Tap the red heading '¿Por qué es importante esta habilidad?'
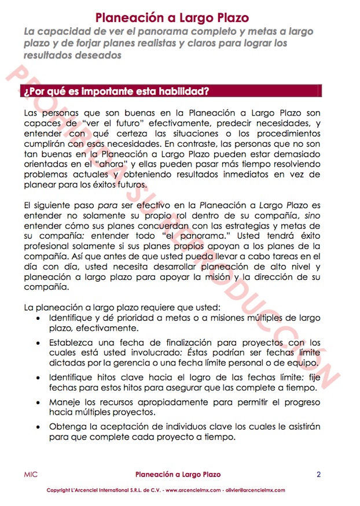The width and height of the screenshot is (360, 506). click(x=116, y=92)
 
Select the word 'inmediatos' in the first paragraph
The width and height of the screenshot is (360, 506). click(x=243, y=176)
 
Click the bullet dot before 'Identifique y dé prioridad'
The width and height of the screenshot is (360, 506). click(x=38, y=319)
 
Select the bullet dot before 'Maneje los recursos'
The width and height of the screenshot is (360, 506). click(x=38, y=402)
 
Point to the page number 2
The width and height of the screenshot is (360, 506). click(x=318, y=475)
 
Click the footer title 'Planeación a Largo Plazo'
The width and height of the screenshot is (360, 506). click(x=178, y=475)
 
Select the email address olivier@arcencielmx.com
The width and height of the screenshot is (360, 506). click(x=256, y=490)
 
